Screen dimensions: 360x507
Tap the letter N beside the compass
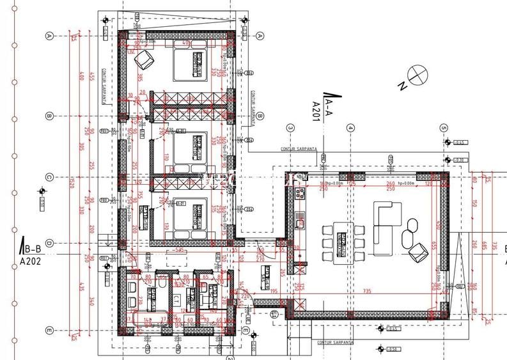point(402,85)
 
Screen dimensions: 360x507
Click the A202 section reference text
point(30,261)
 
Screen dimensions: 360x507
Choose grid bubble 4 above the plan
point(350,128)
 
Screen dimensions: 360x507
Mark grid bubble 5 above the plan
point(444,128)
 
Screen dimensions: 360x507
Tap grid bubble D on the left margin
point(49,243)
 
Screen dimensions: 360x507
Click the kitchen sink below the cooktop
point(299,223)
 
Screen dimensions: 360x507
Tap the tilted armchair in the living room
point(418,252)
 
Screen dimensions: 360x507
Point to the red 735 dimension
point(367,290)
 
